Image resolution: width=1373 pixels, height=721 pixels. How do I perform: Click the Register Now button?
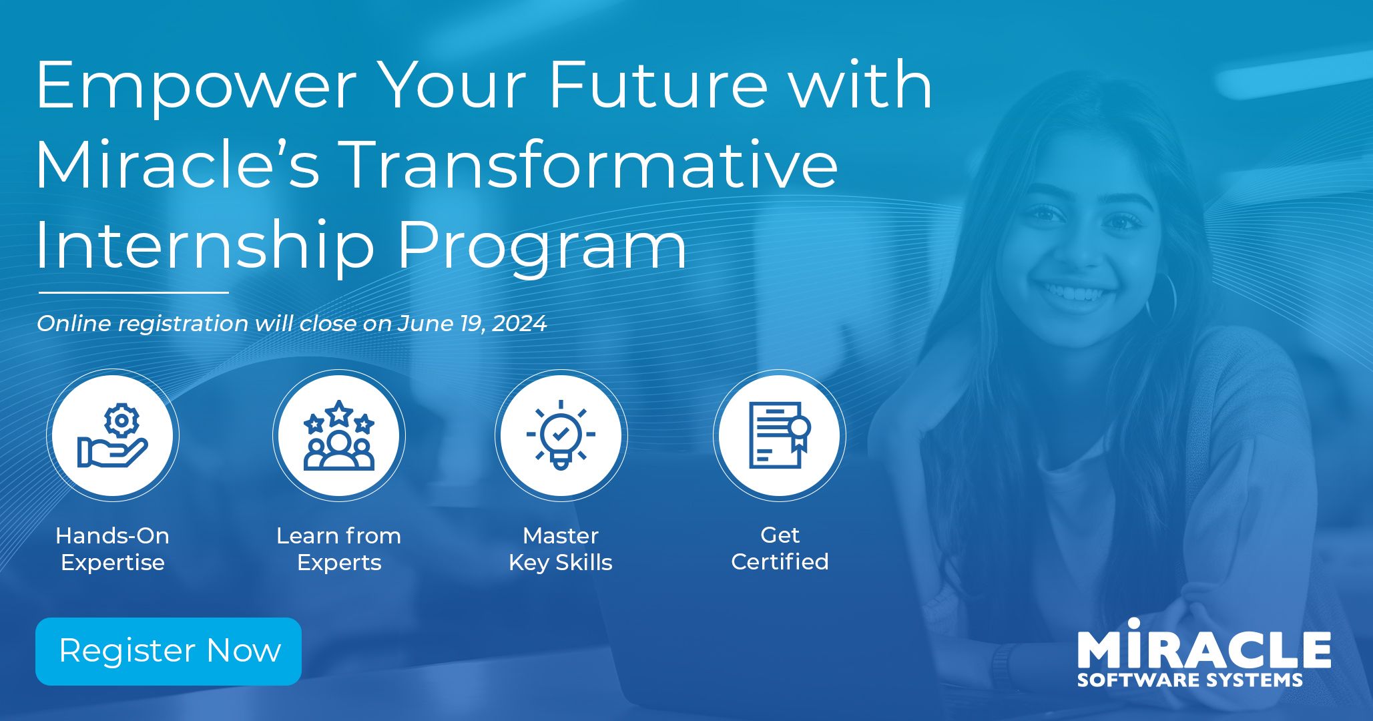click(x=168, y=651)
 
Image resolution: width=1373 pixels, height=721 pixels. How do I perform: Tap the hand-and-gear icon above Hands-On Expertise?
click(x=113, y=435)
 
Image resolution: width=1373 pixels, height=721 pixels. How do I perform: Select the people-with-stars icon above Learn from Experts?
click(x=339, y=435)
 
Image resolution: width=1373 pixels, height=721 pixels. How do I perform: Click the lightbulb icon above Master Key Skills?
click(x=561, y=435)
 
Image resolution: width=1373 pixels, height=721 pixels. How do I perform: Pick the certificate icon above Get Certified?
click(x=779, y=435)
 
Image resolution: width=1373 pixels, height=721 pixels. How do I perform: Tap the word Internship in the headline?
click(x=204, y=246)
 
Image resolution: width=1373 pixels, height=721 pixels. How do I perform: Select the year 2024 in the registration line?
click(x=519, y=324)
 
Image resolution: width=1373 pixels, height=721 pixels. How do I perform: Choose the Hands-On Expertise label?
click(x=113, y=549)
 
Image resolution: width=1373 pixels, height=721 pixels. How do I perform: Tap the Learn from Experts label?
click(x=339, y=549)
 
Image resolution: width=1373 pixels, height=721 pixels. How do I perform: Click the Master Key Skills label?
click(x=561, y=549)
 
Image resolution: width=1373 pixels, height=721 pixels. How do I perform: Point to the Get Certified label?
click(x=780, y=548)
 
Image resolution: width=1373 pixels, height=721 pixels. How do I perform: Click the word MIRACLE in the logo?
click(x=1204, y=648)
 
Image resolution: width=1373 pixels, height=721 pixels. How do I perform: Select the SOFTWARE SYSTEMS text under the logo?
click(x=1189, y=680)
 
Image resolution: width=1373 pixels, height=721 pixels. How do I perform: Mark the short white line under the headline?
click(x=133, y=292)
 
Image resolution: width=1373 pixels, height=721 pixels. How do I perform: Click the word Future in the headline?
click(x=657, y=85)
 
